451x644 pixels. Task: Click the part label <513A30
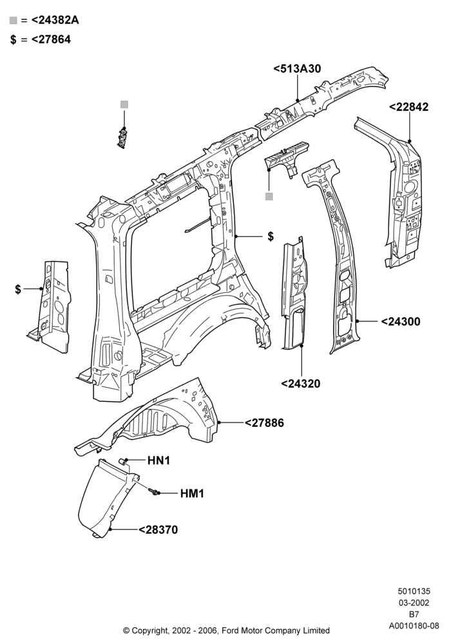tap(297, 69)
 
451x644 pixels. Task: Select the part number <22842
tap(408, 107)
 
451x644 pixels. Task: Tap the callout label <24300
tap(401, 321)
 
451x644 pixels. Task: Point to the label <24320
tap(301, 384)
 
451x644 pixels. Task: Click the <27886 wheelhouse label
tap(264, 422)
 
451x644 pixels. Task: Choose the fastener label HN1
tap(158, 460)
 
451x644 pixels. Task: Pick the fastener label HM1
tap(192, 493)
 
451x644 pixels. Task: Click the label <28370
tap(158, 530)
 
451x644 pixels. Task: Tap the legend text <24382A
tap(55, 20)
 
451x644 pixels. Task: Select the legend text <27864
tap(51, 39)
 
